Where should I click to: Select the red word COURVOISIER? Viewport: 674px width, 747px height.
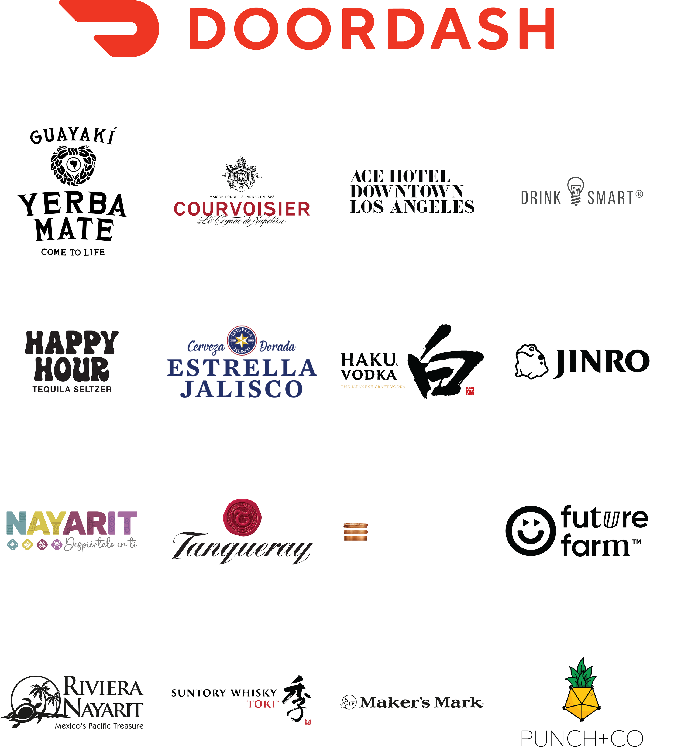242,209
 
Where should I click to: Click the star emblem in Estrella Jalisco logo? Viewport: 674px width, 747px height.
242,340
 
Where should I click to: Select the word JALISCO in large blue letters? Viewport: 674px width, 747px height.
242,389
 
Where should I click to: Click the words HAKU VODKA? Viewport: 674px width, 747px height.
369,367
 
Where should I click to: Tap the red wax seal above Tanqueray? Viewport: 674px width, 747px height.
242,519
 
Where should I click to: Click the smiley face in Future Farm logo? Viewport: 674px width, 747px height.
531,533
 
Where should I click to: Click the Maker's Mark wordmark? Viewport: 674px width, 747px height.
421,702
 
